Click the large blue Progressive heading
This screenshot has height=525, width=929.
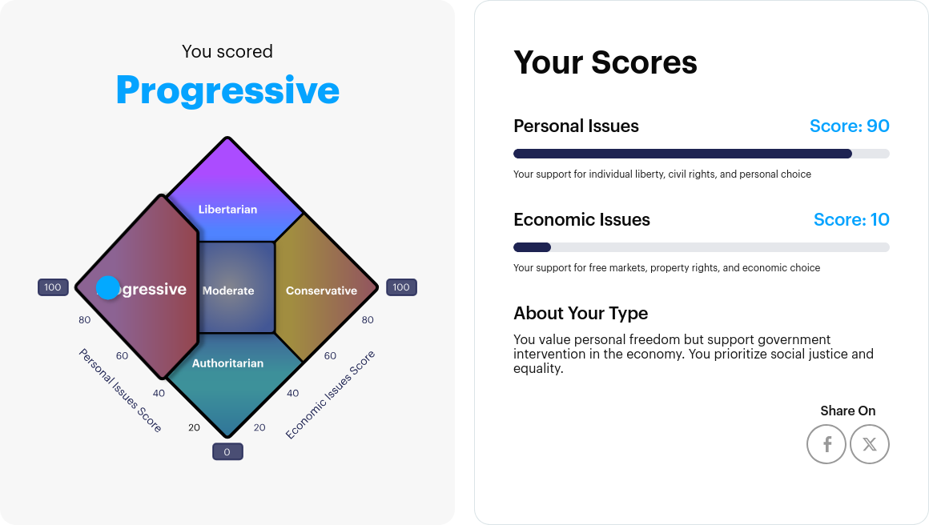point(227,90)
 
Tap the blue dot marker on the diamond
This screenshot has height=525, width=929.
point(107,287)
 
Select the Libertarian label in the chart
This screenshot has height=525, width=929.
point(228,210)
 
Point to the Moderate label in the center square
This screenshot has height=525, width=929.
point(228,291)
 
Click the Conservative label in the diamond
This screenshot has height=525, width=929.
point(321,291)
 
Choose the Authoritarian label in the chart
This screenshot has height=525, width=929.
point(227,363)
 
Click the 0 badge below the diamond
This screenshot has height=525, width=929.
point(227,452)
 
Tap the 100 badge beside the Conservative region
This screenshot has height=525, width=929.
point(401,287)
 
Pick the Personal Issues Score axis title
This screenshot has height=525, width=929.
point(120,391)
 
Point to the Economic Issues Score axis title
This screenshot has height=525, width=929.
point(330,395)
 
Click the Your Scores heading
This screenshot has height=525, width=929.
point(605,62)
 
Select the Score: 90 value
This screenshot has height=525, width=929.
point(849,126)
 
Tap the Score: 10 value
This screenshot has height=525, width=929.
point(851,220)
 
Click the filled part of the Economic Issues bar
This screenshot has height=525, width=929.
point(532,247)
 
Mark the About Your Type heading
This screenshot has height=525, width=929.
point(581,313)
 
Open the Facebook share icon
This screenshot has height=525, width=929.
point(826,444)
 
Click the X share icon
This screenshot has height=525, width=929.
point(870,444)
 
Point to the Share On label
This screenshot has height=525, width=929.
point(847,411)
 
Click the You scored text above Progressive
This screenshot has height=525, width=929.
point(227,52)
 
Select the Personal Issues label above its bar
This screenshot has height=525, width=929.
point(576,126)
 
